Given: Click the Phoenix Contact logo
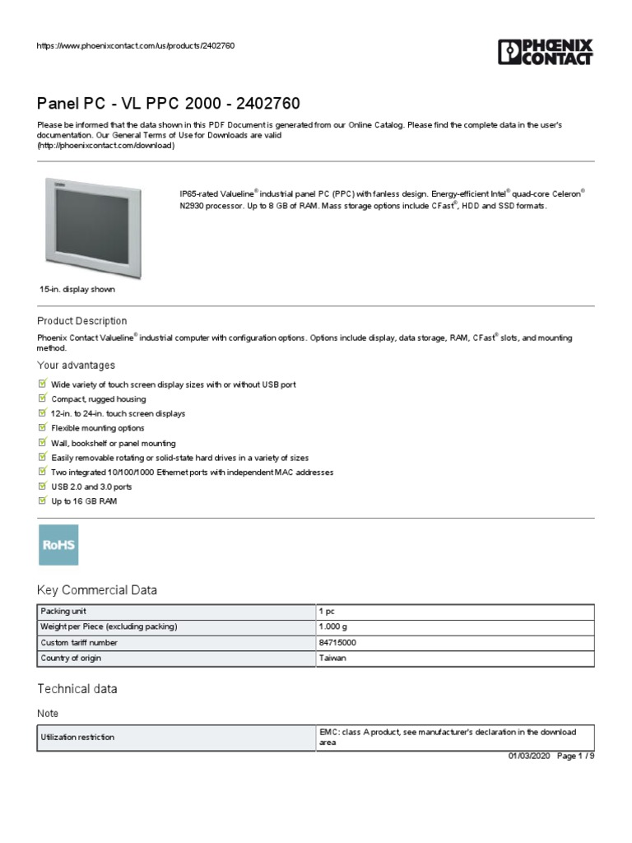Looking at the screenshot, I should pos(545,52).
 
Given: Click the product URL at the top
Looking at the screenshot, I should pos(136,45).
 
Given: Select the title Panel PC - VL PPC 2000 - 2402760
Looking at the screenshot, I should pos(168,104).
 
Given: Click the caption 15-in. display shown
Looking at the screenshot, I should pos(77,290).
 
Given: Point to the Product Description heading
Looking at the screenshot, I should pos(82,321).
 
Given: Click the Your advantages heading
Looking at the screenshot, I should pos(77,366).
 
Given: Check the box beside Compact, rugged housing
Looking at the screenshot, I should pos(43,398).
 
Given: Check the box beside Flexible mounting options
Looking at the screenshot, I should pos(43,428).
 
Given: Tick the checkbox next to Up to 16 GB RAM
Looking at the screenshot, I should pos(43,501).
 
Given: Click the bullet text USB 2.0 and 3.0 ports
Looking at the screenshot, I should pos(91,487).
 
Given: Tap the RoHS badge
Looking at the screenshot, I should pos(58,545).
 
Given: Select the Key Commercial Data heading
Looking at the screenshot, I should pos(97,590).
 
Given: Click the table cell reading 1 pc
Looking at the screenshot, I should pos(327,612).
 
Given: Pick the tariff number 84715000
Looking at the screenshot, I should pos(337,643).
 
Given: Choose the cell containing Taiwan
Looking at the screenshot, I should pos(332,659).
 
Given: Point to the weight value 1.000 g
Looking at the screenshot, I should pos(333,627).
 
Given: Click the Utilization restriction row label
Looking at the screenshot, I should pos(77,738).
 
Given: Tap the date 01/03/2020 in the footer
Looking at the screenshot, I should pos(529,757).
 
